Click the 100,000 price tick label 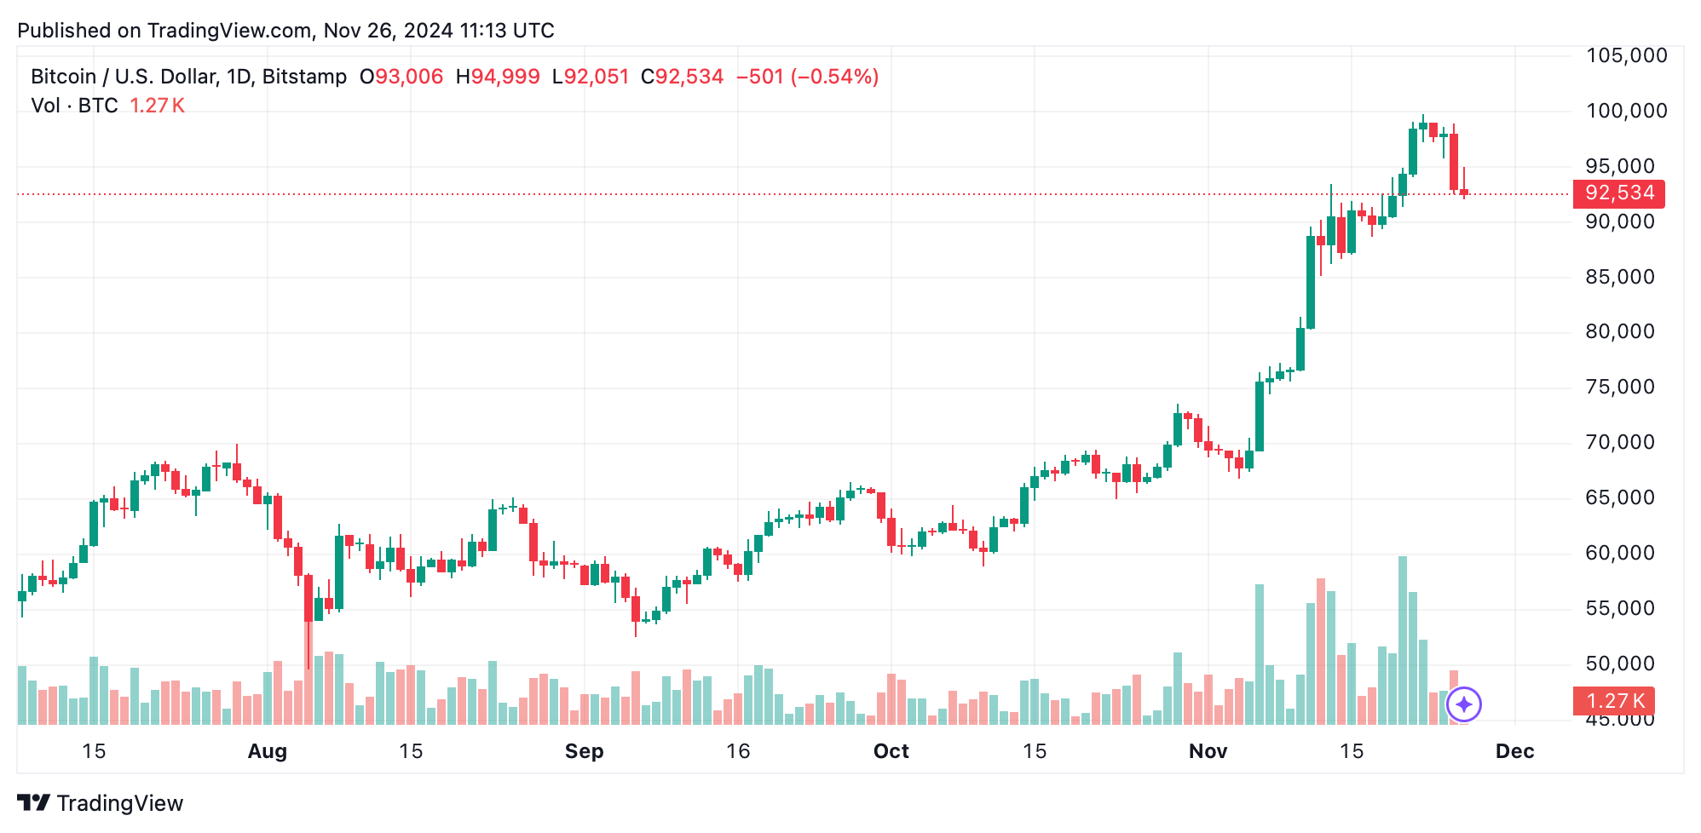click(1626, 111)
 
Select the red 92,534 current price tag click(1618, 193)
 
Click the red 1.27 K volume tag click(1613, 701)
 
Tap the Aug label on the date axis click(267, 751)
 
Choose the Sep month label click(584, 751)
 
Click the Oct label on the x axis click(891, 751)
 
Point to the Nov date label click(1208, 751)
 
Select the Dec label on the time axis click(1514, 751)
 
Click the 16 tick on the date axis click(738, 751)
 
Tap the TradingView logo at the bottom click(101, 803)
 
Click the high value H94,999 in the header click(498, 77)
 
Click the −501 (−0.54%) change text click(807, 77)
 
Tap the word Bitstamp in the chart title click(304, 77)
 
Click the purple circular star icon click(1463, 704)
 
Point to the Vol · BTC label click(74, 106)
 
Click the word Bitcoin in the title click(63, 77)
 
